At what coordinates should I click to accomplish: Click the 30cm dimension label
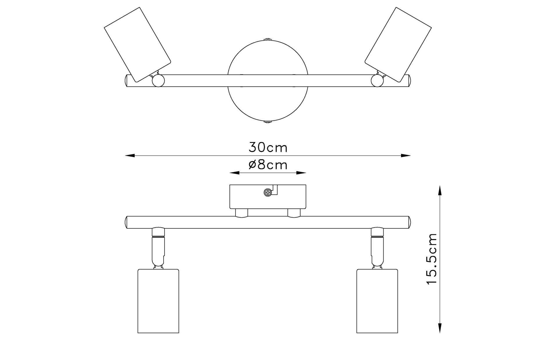click(x=268, y=148)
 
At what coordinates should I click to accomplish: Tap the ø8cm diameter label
click(x=268, y=165)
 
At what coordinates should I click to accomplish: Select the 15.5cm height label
click(x=432, y=259)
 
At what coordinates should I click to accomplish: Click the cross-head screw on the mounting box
click(x=267, y=192)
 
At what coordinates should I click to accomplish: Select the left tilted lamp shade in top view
click(x=137, y=44)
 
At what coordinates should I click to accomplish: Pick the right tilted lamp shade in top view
click(x=398, y=44)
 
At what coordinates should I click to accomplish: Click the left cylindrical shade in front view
click(x=158, y=301)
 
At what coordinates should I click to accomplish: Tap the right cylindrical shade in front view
click(x=377, y=301)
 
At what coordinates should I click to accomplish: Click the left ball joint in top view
click(x=158, y=81)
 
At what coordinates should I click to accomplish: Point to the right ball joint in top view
click(x=377, y=81)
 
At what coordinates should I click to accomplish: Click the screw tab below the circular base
click(x=267, y=122)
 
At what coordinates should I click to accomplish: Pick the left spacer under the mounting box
click(x=241, y=213)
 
